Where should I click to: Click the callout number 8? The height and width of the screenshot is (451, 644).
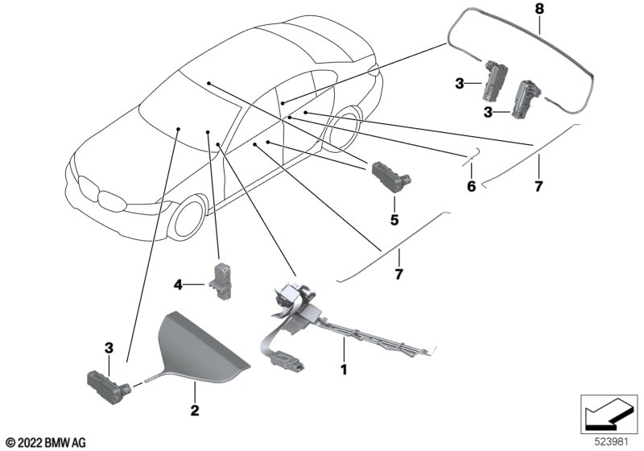pyautogui.click(x=539, y=9)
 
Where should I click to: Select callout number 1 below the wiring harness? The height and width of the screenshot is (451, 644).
pyautogui.click(x=345, y=370)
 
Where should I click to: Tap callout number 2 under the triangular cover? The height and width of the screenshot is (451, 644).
pyautogui.click(x=195, y=410)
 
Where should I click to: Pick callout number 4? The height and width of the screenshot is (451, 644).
pyautogui.click(x=178, y=284)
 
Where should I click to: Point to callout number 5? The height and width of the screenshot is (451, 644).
pyautogui.click(x=394, y=220)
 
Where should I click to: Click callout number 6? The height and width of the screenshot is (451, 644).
pyautogui.click(x=471, y=187)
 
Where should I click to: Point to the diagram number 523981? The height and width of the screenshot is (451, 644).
pyautogui.click(x=612, y=442)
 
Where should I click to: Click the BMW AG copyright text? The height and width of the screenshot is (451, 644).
pyautogui.click(x=47, y=443)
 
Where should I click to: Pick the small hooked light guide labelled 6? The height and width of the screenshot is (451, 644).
pyautogui.click(x=472, y=156)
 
